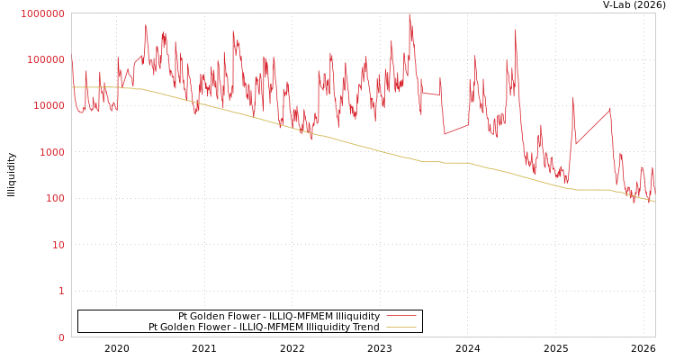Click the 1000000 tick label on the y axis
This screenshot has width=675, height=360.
point(43,13)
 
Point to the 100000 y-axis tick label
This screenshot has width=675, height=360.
point(46,60)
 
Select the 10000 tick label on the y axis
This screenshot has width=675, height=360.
point(49,106)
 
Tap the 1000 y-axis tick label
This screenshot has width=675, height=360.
point(51,153)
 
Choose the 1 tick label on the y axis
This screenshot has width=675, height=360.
point(61,292)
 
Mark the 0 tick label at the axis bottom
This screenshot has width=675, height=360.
point(61,337)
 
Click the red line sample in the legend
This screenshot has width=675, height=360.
point(400,317)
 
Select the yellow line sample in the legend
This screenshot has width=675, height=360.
point(400,328)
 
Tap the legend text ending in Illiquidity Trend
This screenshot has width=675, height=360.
point(264,328)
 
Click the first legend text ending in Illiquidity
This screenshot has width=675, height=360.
point(279,317)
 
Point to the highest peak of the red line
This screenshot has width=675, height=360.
point(409,14)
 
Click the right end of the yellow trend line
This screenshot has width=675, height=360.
point(654,202)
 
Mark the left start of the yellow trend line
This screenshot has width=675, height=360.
point(72,87)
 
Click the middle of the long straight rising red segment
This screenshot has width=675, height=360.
point(593,126)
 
